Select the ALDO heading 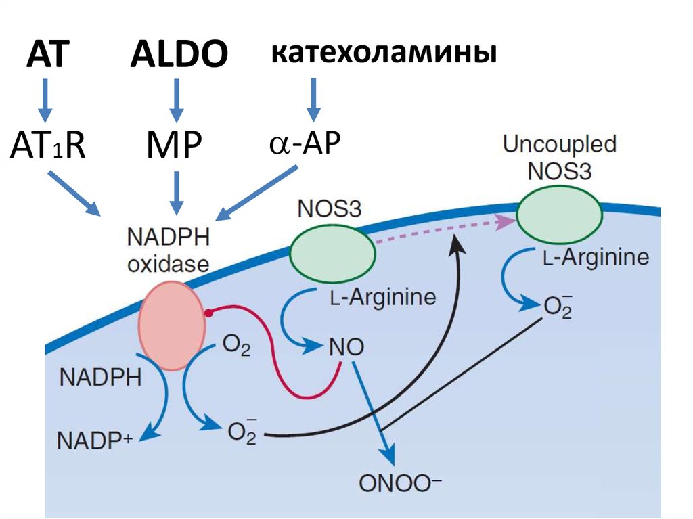click(x=179, y=55)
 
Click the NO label click(x=346, y=348)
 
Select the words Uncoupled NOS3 click(x=559, y=156)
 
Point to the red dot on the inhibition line click(x=210, y=313)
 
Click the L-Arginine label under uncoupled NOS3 click(x=596, y=257)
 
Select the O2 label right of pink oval click(x=236, y=348)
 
